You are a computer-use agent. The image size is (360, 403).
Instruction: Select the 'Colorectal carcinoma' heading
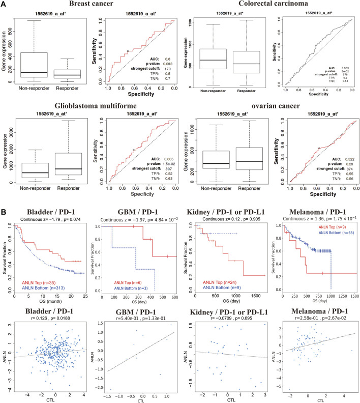click(267, 4)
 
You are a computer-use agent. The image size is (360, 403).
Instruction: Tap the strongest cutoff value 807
click(161, 167)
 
